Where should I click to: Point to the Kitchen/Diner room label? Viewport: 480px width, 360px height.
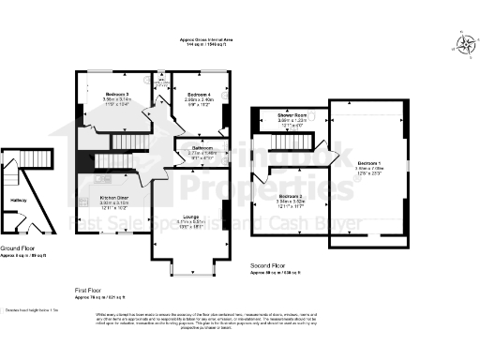coord(114,199)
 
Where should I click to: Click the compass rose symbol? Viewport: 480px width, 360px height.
coord(466,41)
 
